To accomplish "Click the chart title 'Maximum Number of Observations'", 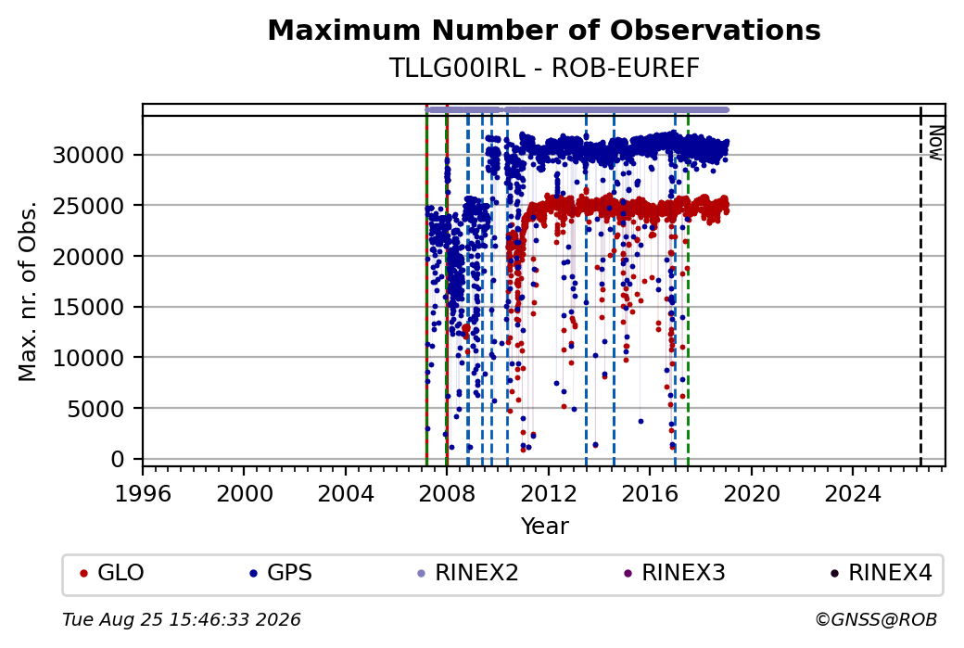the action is click(544, 30).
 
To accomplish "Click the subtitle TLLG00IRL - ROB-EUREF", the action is click(544, 69).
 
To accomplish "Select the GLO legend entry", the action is click(112, 572).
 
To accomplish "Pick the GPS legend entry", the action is click(281, 572).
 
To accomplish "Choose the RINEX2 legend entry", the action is click(468, 572).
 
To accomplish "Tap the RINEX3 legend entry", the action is click(675, 572).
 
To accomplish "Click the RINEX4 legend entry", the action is click(881, 572).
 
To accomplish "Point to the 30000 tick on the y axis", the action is click(89, 155).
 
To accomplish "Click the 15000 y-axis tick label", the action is click(89, 307).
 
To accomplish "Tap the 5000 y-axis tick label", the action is click(96, 408).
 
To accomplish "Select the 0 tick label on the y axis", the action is click(118, 459).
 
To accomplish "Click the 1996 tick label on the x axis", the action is click(143, 493).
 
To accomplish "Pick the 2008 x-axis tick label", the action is click(447, 493).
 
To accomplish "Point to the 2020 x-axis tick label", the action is click(752, 493).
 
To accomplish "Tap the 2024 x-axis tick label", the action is click(853, 493).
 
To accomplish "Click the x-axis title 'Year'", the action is click(545, 527).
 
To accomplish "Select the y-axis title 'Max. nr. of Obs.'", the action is click(28, 291).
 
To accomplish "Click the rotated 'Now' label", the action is click(935, 143).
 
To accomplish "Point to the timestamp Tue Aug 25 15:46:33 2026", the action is click(182, 619).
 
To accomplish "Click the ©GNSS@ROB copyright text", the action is click(876, 619).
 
